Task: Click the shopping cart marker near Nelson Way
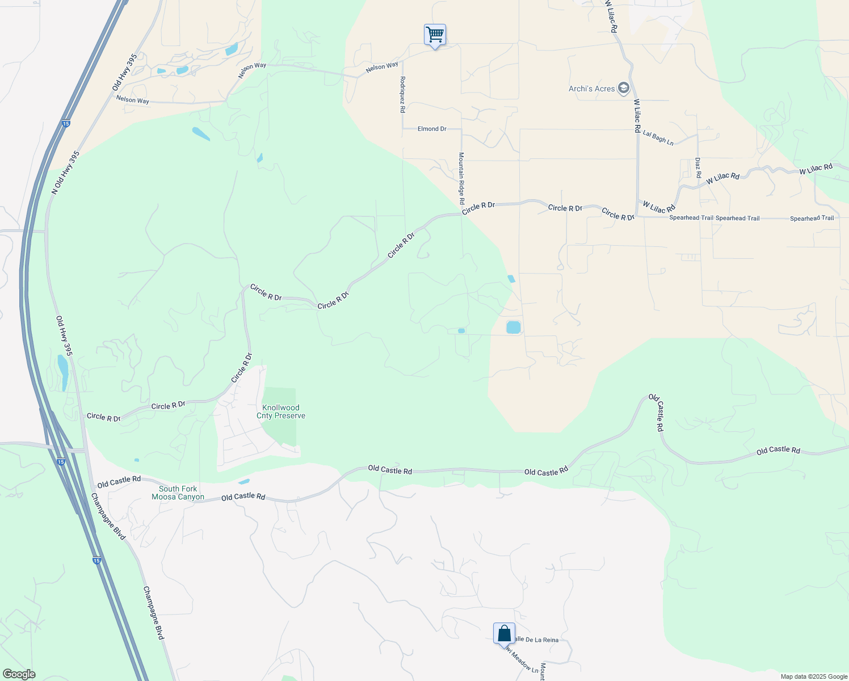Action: (435, 35)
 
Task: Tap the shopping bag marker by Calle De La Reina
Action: (504, 633)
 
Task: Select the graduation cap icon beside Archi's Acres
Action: (624, 88)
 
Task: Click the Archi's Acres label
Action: (591, 89)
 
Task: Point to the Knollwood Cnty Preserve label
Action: (281, 411)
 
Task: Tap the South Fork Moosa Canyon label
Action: (178, 493)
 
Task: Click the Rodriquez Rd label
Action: (402, 94)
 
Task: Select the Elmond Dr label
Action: (432, 129)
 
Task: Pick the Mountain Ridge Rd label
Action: (461, 178)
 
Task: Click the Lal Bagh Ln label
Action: (658, 137)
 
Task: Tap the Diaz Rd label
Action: (698, 167)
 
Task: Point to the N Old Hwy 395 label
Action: (66, 173)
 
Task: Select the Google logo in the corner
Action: (19, 674)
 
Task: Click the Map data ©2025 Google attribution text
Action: (814, 676)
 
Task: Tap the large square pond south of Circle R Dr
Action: (513, 327)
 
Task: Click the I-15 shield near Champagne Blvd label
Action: (97, 561)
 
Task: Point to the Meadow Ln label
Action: (522, 661)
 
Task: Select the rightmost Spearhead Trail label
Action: (812, 218)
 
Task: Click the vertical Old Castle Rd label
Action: (657, 413)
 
